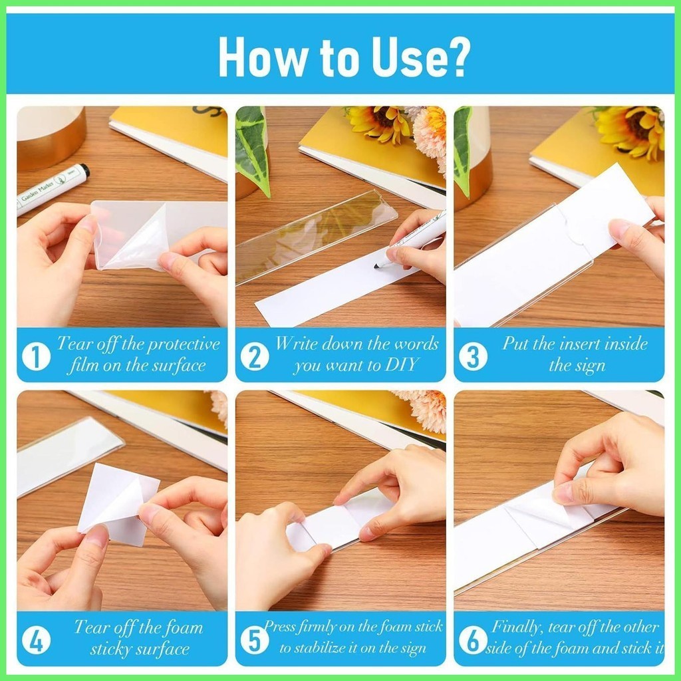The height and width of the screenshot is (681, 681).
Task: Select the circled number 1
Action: click(36, 356)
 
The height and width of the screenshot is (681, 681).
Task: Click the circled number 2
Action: click(255, 356)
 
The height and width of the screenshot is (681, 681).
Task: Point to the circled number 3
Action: click(473, 356)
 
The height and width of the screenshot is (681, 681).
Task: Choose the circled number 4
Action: click(36, 640)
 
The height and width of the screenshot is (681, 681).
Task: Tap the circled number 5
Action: click(255, 640)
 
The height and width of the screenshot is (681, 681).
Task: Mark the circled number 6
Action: click(473, 640)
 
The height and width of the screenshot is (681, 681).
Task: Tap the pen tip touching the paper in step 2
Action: click(376, 266)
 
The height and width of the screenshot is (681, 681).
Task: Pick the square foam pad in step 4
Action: click(118, 504)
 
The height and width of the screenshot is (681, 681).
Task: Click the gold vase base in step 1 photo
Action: click(51, 139)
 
